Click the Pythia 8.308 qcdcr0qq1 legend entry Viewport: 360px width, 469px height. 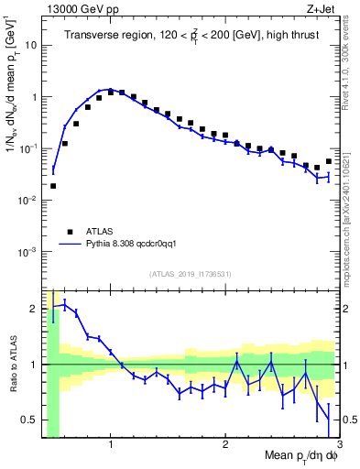119,245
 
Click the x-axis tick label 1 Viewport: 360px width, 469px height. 111,446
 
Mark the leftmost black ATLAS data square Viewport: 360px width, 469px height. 53,186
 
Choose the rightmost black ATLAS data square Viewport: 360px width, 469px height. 328,161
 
